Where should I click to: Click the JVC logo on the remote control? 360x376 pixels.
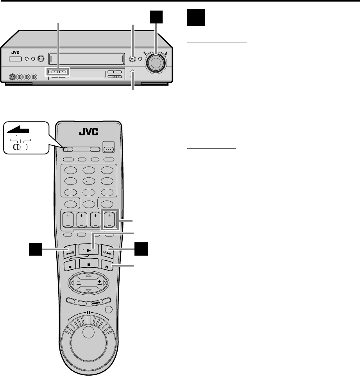(90, 133)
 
